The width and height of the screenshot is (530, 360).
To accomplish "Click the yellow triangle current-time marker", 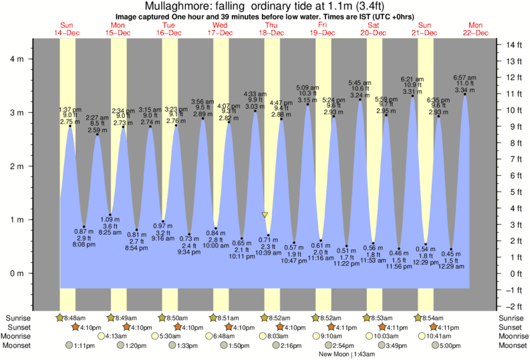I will (x=265, y=215).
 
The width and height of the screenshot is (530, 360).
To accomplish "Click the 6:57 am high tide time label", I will (x=465, y=77).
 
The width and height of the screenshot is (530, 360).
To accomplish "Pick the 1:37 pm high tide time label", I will (x=70, y=110).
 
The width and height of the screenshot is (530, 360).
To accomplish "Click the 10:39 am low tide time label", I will (x=268, y=252).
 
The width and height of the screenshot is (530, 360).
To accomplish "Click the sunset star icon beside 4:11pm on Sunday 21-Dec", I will (x=433, y=327).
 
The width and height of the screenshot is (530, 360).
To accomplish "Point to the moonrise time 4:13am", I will (x=118, y=336).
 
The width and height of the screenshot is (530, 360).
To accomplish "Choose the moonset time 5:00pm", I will (x=451, y=345).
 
